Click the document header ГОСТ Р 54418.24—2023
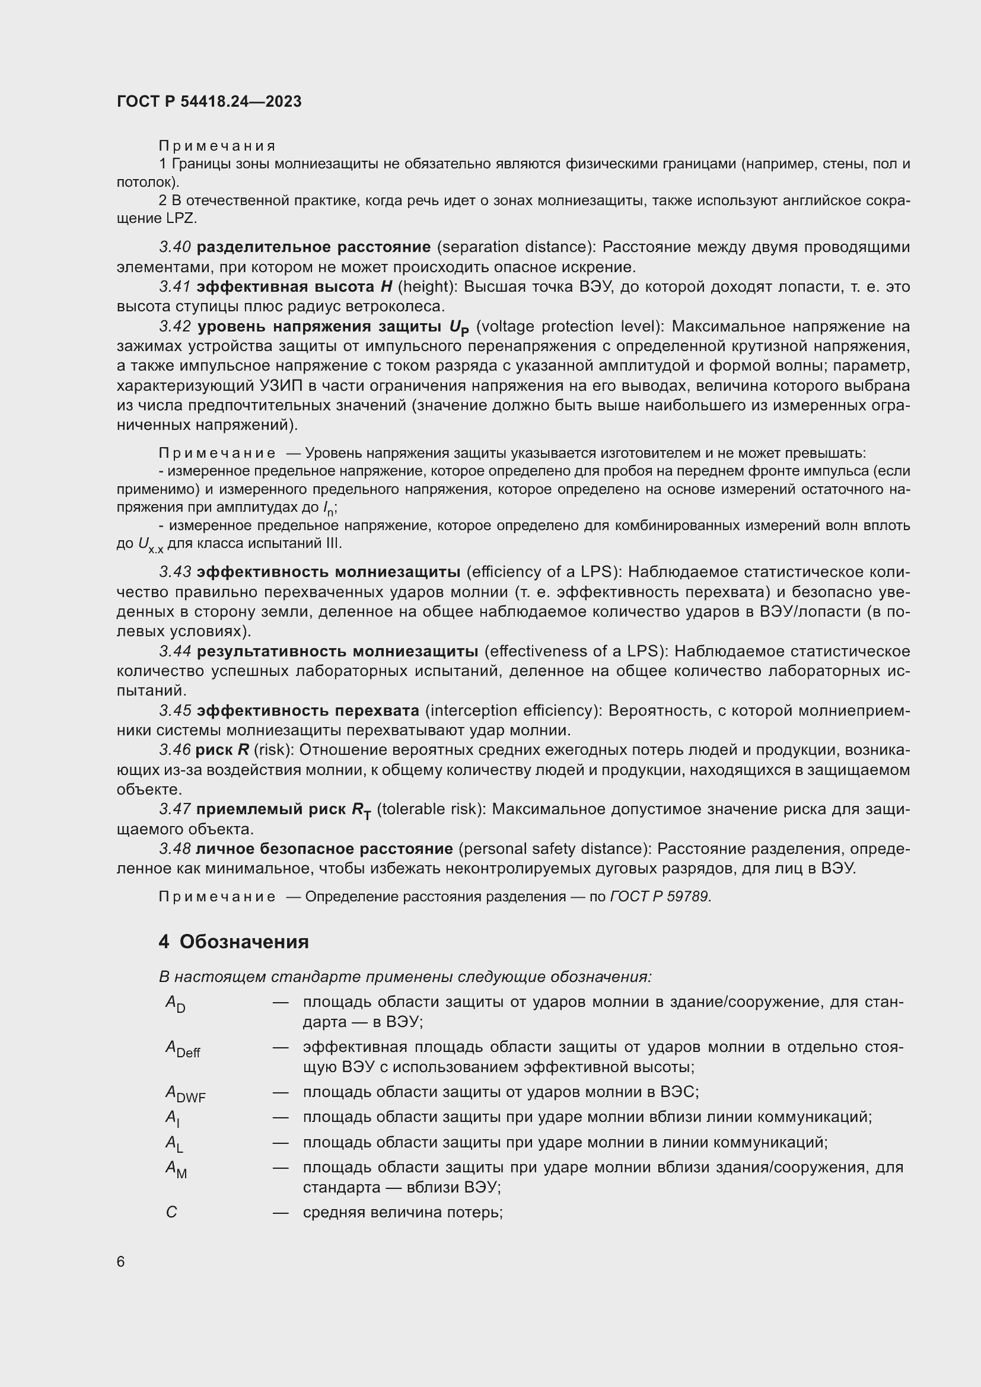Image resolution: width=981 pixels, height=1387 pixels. (209, 101)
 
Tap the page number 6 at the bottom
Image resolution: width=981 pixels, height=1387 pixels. (121, 1262)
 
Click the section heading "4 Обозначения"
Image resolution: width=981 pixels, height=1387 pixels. (234, 941)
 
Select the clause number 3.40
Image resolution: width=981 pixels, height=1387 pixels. (175, 247)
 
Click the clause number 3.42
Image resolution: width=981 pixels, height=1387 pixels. (175, 327)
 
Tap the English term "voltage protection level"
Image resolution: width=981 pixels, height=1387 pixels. (569, 327)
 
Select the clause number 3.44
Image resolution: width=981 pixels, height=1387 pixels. (175, 651)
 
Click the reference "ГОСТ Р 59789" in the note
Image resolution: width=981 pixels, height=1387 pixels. (660, 897)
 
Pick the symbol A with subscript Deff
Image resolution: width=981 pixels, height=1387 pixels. (183, 1049)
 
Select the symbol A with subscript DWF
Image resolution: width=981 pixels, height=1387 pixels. (186, 1093)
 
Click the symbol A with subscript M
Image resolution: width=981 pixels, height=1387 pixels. (176, 1169)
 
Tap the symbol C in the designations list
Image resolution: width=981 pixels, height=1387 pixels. (171, 1213)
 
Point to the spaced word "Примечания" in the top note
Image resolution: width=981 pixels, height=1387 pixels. (217, 146)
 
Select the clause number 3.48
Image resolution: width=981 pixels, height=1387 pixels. (175, 849)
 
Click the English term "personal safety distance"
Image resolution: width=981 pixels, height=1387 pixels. (555, 849)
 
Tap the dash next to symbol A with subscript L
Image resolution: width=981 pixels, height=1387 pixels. (281, 1143)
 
